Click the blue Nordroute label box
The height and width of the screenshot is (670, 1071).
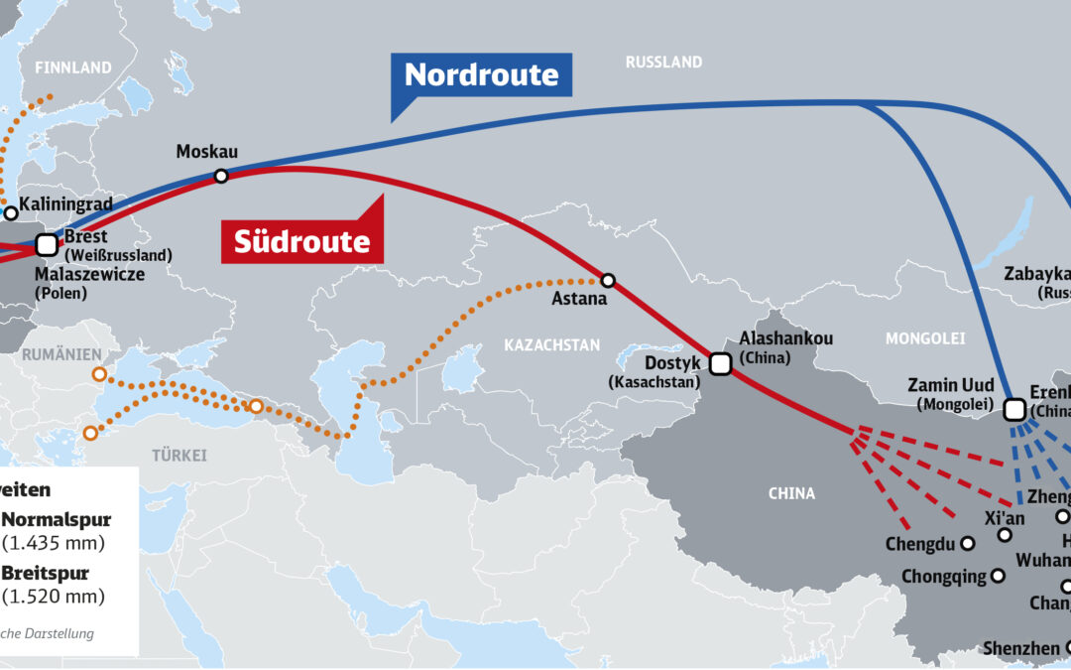(482, 74)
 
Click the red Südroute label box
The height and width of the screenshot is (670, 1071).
(301, 241)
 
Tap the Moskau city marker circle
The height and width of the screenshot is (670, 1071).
(221, 176)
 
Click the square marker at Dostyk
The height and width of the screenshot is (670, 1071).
(721, 364)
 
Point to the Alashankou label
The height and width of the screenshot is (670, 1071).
(786, 338)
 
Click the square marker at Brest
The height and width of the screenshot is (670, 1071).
(46, 243)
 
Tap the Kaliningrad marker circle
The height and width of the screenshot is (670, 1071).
(11, 212)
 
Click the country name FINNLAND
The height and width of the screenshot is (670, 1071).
(73, 68)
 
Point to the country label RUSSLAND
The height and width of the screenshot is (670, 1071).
(663, 63)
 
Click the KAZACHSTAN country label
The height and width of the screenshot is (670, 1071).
(552, 345)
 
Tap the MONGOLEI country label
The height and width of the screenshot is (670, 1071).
(924, 338)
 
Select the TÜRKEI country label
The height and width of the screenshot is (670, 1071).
(179, 456)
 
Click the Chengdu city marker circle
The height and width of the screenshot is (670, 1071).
(968, 543)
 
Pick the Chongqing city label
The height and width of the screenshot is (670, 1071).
(943, 576)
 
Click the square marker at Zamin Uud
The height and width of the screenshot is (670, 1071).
(1014, 409)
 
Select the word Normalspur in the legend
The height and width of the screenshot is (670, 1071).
(56, 519)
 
